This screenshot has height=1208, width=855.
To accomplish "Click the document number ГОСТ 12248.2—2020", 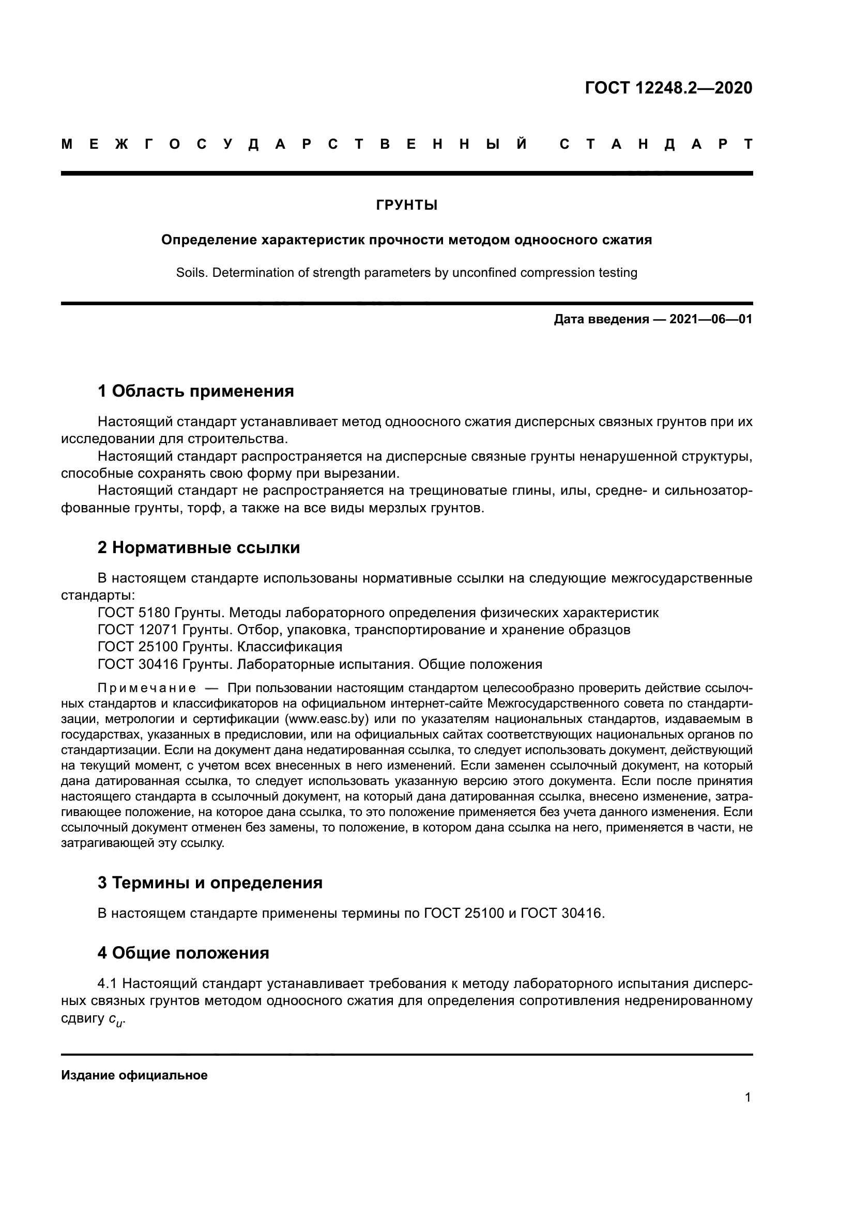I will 668,88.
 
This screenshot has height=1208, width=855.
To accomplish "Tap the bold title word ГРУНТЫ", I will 406,205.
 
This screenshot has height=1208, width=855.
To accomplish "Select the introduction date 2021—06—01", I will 711,319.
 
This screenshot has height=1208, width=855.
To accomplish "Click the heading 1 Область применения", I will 195,391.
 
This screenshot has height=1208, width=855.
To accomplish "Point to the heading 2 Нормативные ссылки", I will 199,547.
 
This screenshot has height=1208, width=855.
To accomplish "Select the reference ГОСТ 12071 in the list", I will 138,630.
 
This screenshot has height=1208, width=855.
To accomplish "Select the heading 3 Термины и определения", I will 209,882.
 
